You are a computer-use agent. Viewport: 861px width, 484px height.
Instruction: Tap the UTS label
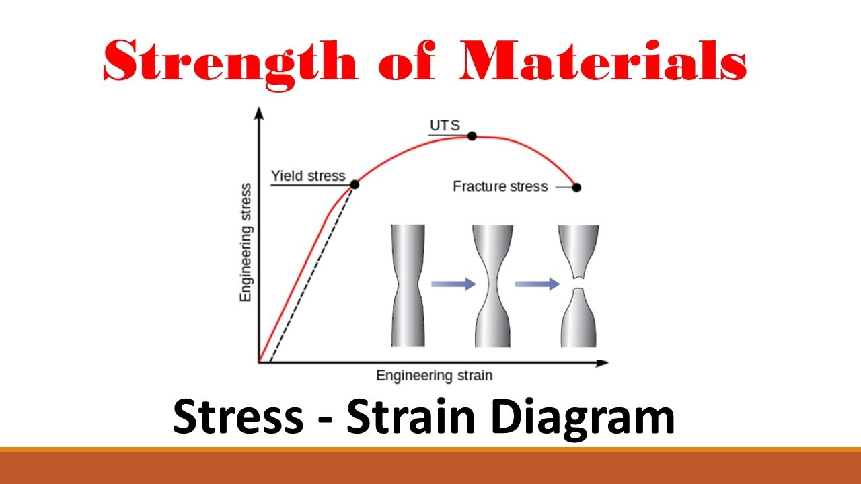[x=441, y=126]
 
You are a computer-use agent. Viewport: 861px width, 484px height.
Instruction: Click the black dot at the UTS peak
[x=472, y=136]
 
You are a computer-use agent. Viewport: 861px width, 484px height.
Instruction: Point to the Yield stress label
[x=307, y=176]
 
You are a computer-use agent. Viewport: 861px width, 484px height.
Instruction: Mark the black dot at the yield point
[x=354, y=184]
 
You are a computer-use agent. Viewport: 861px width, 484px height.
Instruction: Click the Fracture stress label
[x=500, y=186]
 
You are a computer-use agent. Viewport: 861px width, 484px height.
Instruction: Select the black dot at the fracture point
[x=576, y=187]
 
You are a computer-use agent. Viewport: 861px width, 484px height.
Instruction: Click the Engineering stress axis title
[x=246, y=242]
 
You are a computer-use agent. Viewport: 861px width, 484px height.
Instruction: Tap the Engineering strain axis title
[x=434, y=375]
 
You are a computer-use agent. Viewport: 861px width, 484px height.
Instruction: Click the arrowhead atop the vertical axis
[x=258, y=112]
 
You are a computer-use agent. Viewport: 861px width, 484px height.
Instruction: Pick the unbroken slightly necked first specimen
[x=408, y=286]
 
